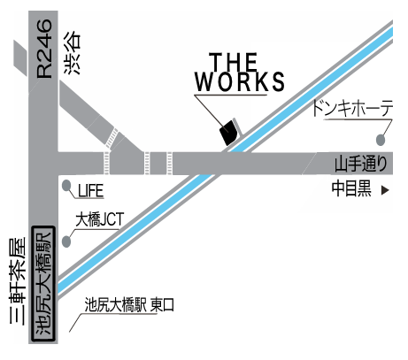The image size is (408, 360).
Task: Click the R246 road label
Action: [x=44, y=49]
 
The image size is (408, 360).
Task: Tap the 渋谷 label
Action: [x=72, y=52]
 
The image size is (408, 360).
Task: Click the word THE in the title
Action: [x=233, y=62]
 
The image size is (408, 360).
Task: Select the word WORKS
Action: [x=240, y=81]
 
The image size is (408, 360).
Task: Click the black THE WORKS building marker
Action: [x=228, y=133]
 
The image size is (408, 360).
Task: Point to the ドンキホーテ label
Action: [x=352, y=108]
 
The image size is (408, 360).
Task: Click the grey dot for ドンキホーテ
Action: [x=381, y=140]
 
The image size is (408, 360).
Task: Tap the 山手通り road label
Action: [x=361, y=164]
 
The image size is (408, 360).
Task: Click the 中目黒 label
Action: [x=351, y=188]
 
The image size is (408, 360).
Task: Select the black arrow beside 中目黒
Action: [x=385, y=190]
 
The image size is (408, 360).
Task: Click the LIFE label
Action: [x=90, y=190]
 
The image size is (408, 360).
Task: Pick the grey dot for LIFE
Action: [x=66, y=186]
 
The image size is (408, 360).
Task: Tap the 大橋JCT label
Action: [x=100, y=219]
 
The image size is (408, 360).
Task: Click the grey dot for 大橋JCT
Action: [x=66, y=242]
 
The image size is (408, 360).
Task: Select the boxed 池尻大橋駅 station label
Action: [x=43, y=284]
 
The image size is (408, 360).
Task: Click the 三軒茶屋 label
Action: [x=18, y=281]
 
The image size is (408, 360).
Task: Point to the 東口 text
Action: [x=162, y=305]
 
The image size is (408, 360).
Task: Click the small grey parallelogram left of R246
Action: [x=20, y=57]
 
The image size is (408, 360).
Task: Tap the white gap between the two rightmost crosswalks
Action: [x=158, y=163]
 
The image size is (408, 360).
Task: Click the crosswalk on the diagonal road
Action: [x=112, y=138]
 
